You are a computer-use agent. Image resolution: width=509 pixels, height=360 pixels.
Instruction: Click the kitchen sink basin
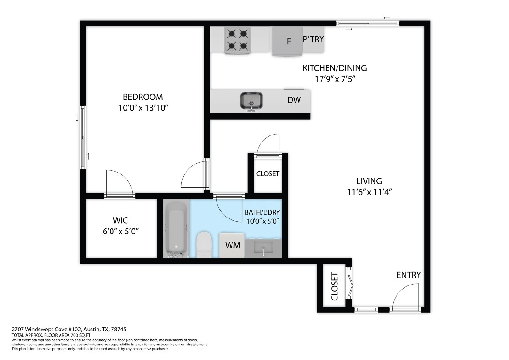252,100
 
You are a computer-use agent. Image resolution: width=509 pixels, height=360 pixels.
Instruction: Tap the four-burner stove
237,40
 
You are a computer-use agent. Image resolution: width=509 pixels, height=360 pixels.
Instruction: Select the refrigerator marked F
288,41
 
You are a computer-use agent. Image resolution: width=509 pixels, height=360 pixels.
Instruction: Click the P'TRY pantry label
313,39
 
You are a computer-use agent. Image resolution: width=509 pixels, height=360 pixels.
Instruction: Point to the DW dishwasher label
294,100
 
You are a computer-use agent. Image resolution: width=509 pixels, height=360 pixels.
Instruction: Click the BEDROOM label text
142,97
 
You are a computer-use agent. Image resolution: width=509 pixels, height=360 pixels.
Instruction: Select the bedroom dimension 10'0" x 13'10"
143,108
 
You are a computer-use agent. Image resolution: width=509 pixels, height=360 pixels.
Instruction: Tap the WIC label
120,220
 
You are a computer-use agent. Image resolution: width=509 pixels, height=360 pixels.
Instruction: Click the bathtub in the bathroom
176,229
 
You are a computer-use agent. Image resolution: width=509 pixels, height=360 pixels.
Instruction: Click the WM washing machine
232,245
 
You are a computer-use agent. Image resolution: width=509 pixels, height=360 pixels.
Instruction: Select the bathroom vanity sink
263,248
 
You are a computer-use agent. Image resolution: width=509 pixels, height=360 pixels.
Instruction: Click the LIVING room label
369,181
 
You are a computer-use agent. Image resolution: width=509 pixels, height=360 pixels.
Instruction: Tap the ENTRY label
408,275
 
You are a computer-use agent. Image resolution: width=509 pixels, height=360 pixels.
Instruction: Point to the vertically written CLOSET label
335,286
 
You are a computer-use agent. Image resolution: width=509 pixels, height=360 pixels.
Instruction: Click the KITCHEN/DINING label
334,68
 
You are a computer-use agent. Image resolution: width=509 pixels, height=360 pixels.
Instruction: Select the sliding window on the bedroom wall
83,137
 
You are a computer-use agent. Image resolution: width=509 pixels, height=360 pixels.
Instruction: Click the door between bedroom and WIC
120,184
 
